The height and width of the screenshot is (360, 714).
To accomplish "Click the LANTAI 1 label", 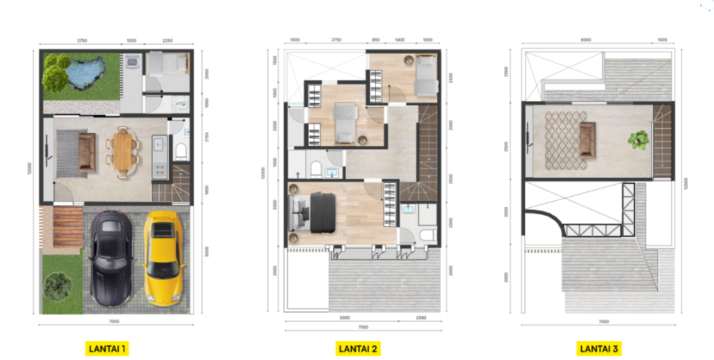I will [x=107, y=347].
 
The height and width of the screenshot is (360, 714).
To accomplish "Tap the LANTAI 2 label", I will [x=358, y=347].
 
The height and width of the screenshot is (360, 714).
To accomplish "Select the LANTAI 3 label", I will [x=600, y=347].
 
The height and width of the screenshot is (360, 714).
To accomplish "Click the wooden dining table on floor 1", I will [x=123, y=149].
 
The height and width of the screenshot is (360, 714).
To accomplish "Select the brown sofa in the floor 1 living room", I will [x=87, y=153].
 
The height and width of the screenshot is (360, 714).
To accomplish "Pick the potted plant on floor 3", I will [x=637, y=140].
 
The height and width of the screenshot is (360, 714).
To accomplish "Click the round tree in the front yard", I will [x=57, y=285].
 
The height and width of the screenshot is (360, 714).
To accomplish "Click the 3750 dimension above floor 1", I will [x=82, y=40].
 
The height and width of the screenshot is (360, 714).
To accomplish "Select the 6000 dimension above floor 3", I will [x=586, y=40].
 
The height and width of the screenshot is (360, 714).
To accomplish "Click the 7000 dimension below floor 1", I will [x=115, y=322].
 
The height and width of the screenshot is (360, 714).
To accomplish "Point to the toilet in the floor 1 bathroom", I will [x=181, y=151].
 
